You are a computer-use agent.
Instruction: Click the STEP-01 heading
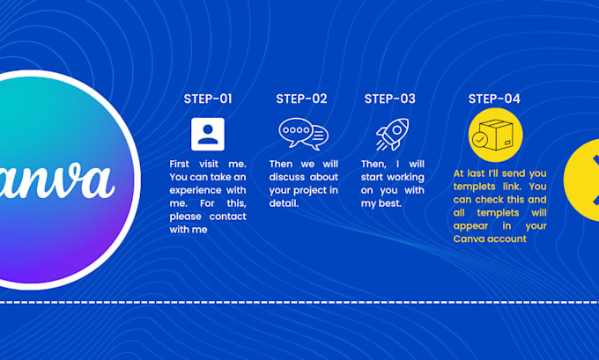tap(208, 99)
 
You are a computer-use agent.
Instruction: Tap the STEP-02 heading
tap(302, 99)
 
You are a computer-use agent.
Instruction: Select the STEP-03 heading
tap(390, 99)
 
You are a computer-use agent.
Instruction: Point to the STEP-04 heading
tap(494, 99)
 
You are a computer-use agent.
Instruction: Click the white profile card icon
tap(208, 134)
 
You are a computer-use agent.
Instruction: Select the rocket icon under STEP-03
tap(393, 134)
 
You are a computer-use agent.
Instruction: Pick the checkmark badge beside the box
tap(480, 140)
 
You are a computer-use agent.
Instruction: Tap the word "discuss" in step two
tap(286, 177)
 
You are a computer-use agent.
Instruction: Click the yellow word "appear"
tap(470, 226)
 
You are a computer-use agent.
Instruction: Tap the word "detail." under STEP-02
tap(284, 203)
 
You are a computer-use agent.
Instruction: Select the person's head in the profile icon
tap(208, 129)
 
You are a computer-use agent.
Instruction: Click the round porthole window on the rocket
tap(397, 130)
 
